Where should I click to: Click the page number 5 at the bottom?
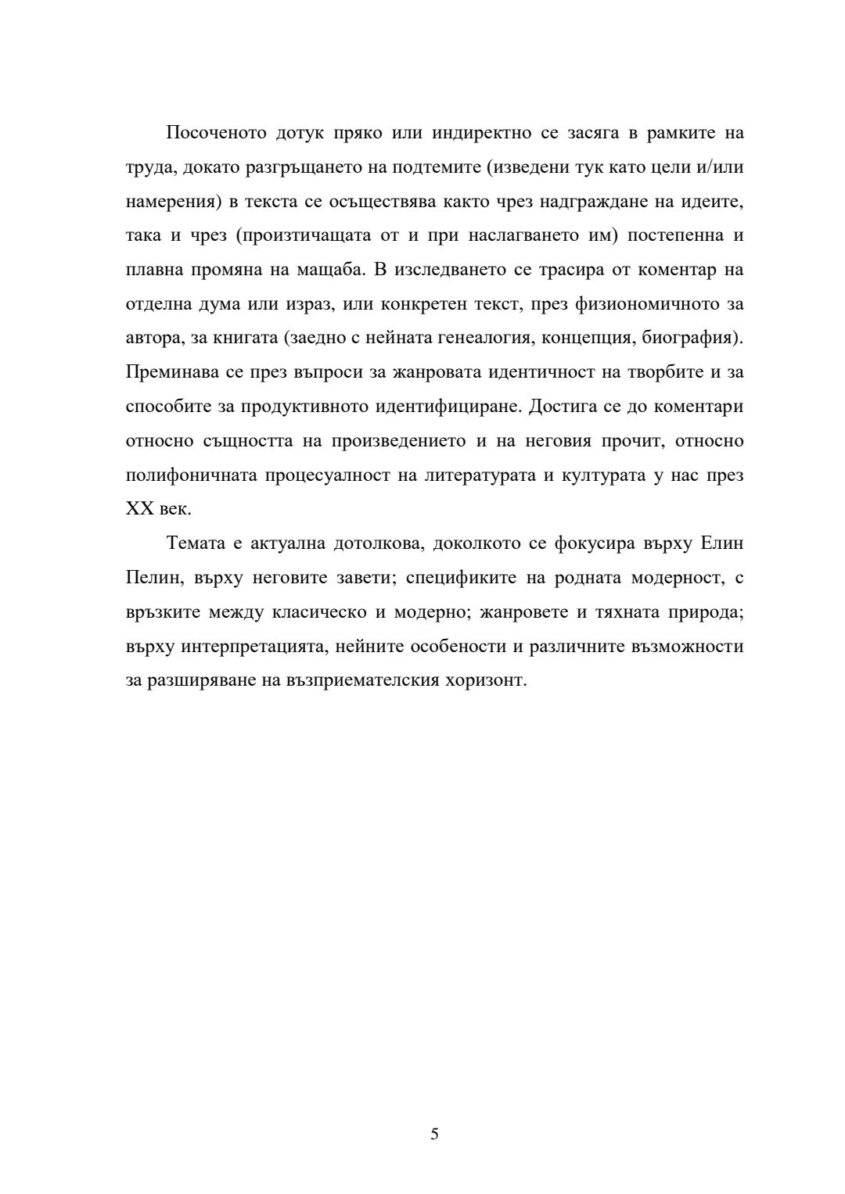(434, 1134)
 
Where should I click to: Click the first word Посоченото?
(215, 133)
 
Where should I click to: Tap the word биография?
(693, 339)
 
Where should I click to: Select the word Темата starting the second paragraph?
(194, 543)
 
